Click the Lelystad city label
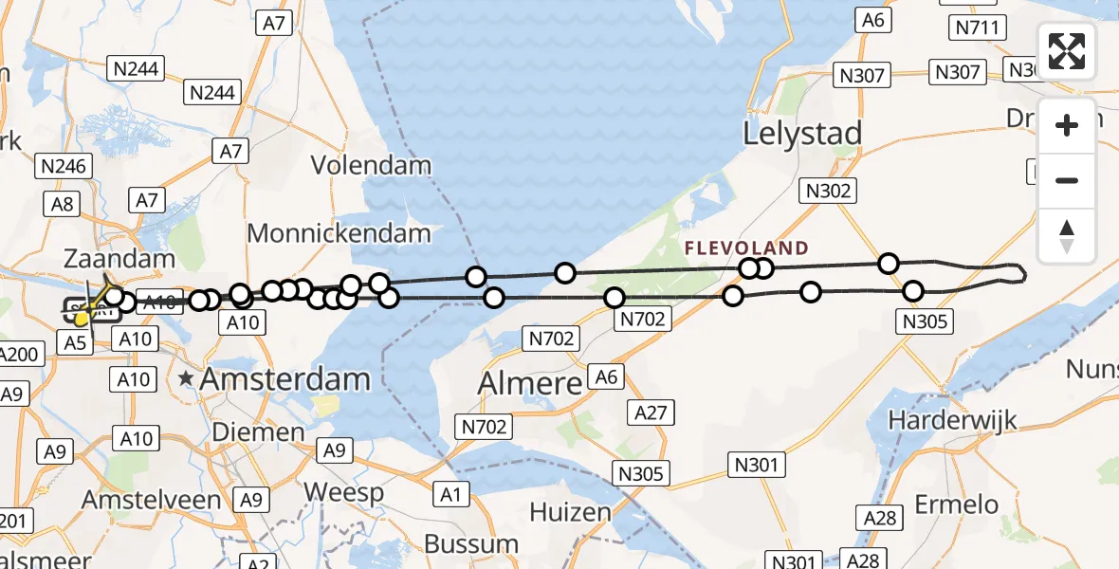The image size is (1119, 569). [x=802, y=133]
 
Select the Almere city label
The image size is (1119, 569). [x=529, y=384]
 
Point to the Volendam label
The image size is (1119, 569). [x=372, y=166]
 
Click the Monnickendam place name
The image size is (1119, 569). [x=339, y=233]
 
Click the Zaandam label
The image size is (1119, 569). [x=119, y=258]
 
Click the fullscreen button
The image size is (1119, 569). [x=1067, y=51]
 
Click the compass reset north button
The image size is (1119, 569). [x=1067, y=236]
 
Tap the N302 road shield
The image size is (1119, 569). [x=828, y=191]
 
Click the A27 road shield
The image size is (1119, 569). [x=651, y=413]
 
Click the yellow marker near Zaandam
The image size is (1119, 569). [x=83, y=319]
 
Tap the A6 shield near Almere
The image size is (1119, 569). [x=606, y=377]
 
